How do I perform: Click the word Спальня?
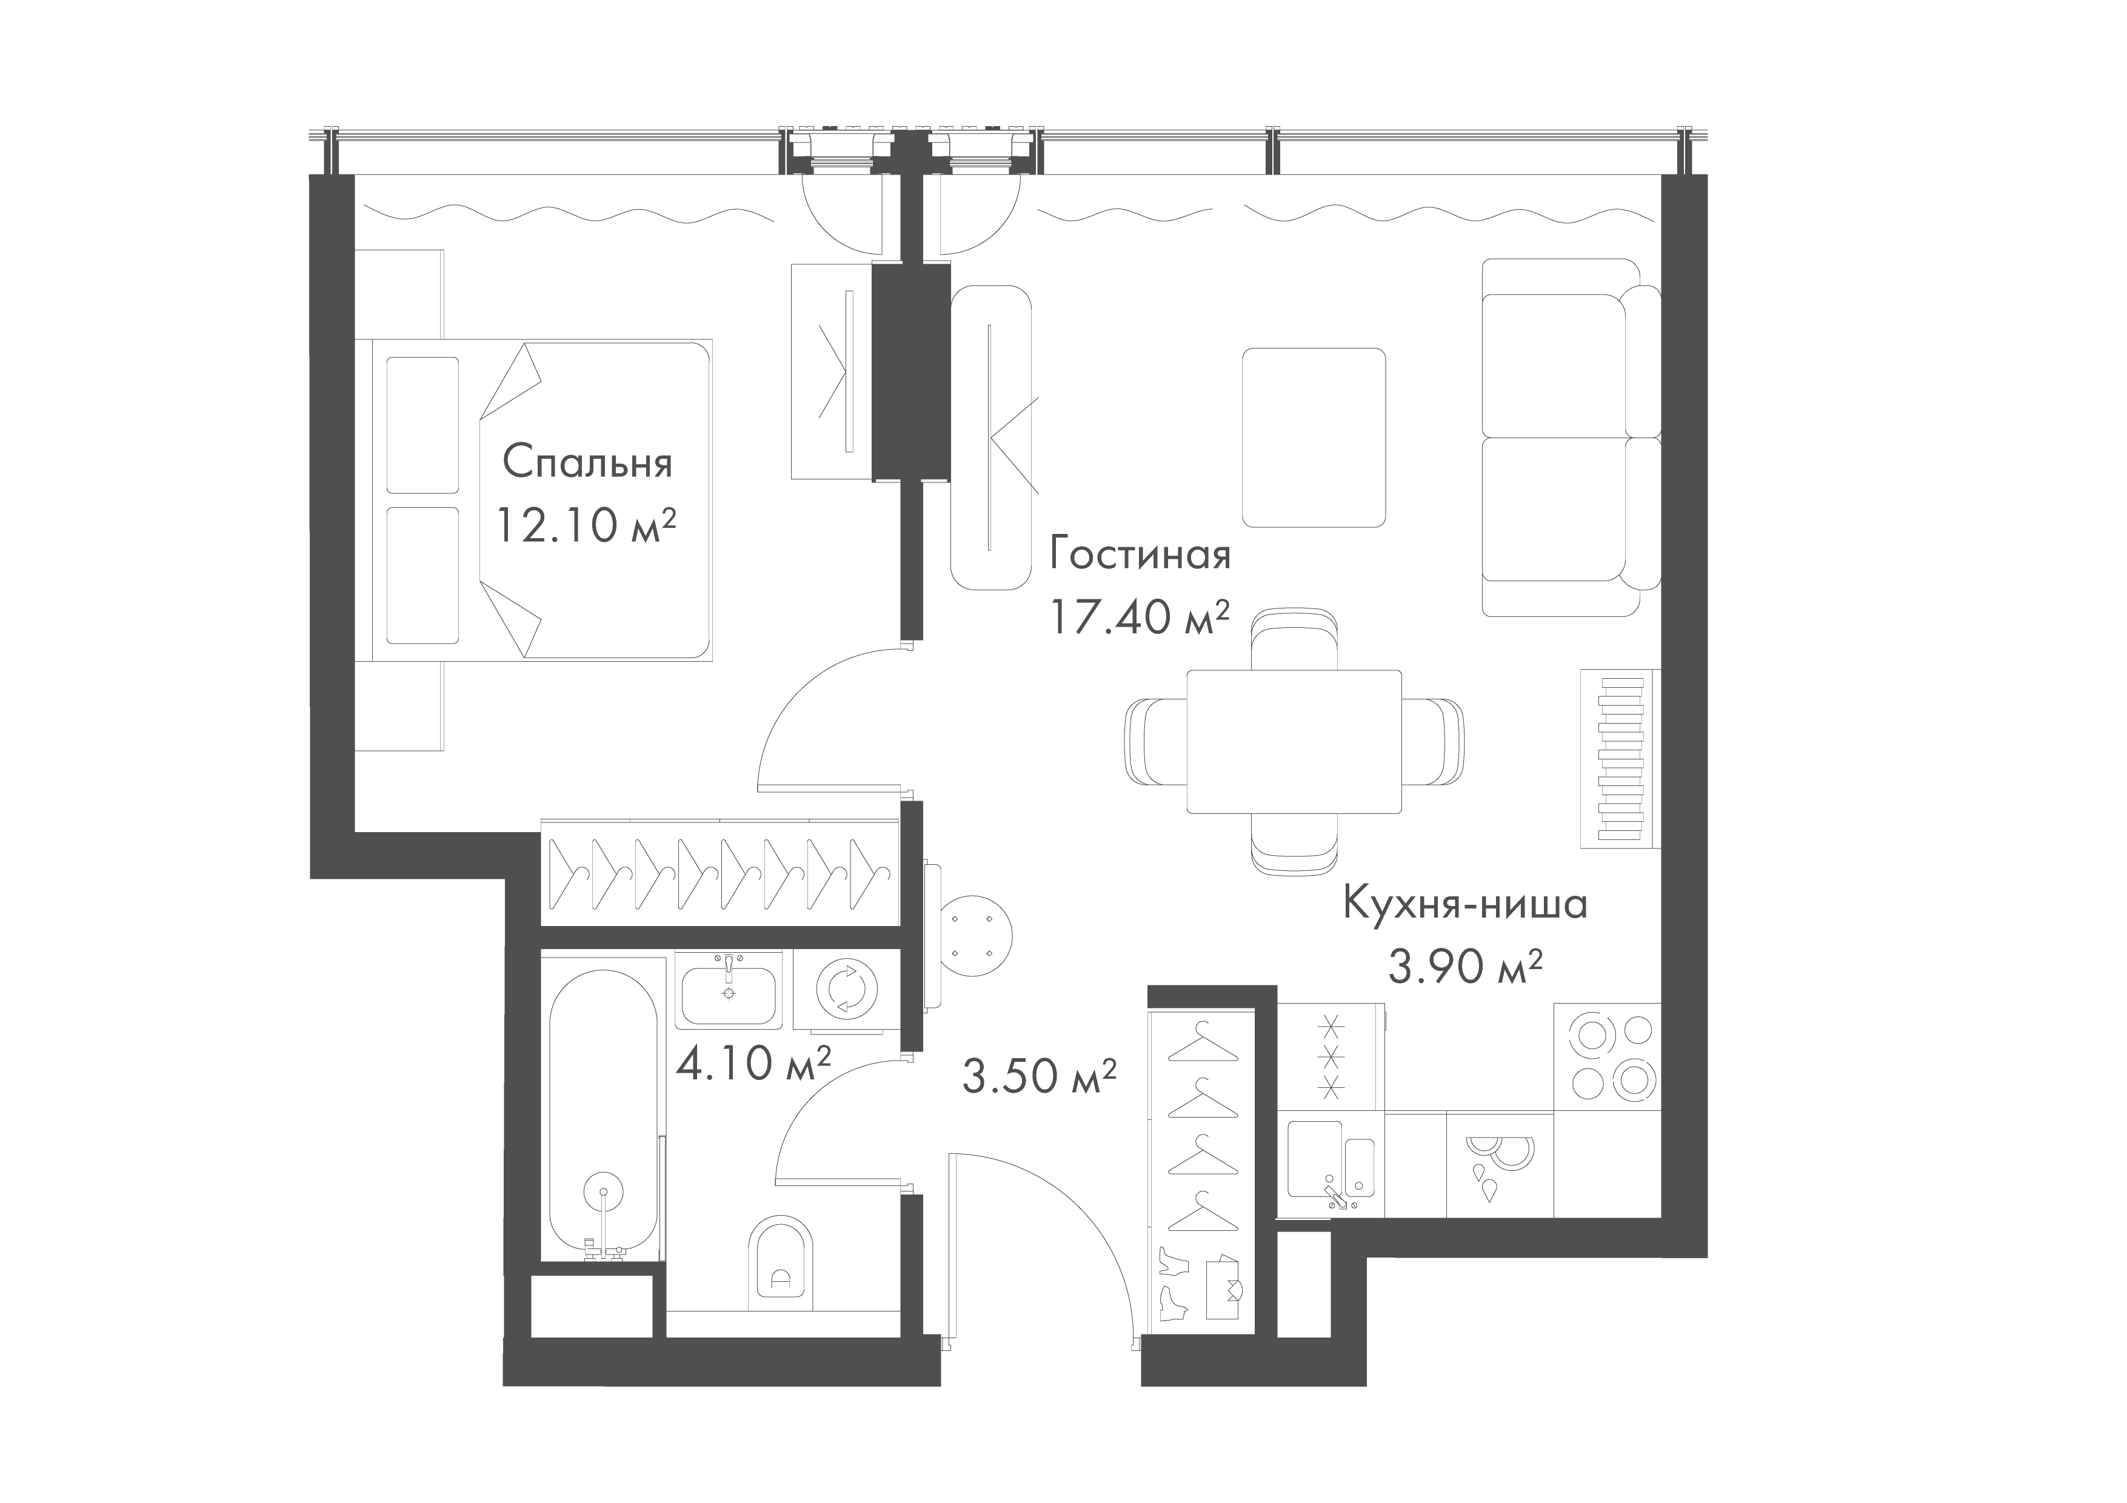(x=587, y=463)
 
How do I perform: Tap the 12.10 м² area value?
(x=586, y=526)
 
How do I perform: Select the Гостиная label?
(x=1140, y=556)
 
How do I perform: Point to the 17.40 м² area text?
(x=1140, y=617)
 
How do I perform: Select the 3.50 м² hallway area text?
(x=1038, y=1076)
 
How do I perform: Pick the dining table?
(x=1294, y=741)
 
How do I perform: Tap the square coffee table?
(x=1313, y=436)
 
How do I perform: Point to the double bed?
(x=542, y=500)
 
